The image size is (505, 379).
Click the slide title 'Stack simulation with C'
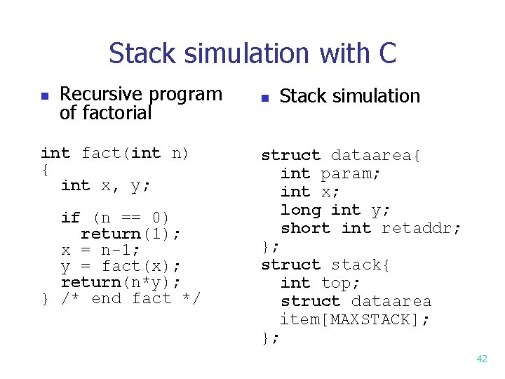(252, 53)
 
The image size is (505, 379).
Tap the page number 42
(482, 359)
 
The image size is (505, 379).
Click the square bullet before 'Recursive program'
(44, 95)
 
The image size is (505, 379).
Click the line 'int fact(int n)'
(115, 153)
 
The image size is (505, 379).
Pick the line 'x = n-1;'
(101, 250)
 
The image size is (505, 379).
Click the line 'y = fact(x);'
(121, 266)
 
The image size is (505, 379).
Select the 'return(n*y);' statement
(121, 282)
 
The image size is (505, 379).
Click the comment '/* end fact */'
(130, 298)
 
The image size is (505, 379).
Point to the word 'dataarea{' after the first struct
(376, 155)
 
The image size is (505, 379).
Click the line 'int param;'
(331, 173)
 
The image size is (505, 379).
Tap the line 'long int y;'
(336, 210)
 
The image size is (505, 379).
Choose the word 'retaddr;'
(422, 228)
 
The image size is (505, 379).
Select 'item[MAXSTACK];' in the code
(356, 319)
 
